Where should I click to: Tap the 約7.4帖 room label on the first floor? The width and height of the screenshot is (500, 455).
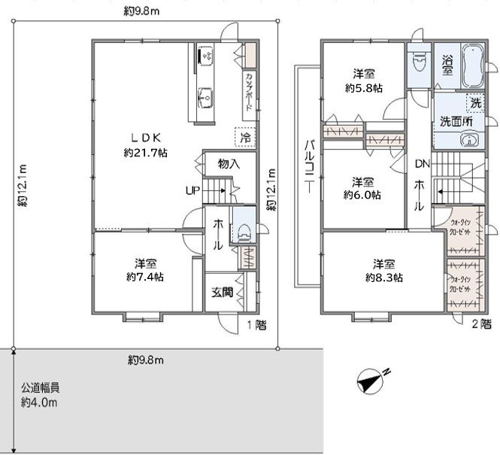(x=145, y=270)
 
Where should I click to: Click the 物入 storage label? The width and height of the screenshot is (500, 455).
(x=229, y=163)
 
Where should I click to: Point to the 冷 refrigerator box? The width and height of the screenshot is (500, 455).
(x=244, y=138)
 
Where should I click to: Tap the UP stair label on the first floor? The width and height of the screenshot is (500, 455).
(x=192, y=190)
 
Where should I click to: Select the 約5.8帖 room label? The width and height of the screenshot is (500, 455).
(x=364, y=80)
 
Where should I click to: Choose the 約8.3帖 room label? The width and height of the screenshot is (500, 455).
(x=383, y=270)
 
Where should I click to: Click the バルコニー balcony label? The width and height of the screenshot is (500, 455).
(x=308, y=168)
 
